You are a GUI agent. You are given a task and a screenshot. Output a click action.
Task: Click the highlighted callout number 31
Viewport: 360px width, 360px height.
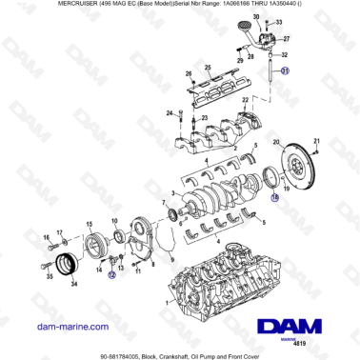pyautogui.click(x=283, y=70)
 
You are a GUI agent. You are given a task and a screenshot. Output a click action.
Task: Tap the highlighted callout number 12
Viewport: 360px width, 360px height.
pyautogui.click(x=110, y=273)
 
